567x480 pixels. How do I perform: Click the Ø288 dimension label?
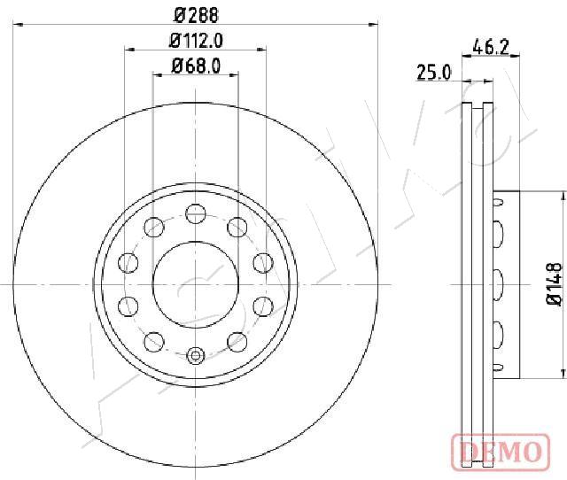tap(197, 15)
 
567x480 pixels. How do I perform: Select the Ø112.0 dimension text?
tap(196, 41)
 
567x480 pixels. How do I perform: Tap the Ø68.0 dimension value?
tap(196, 66)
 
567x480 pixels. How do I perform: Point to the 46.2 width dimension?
tap(491, 47)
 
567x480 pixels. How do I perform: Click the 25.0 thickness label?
tap(434, 72)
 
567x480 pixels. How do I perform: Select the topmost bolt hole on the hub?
tap(196, 213)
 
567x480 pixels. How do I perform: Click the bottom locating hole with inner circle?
tap(196, 356)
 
